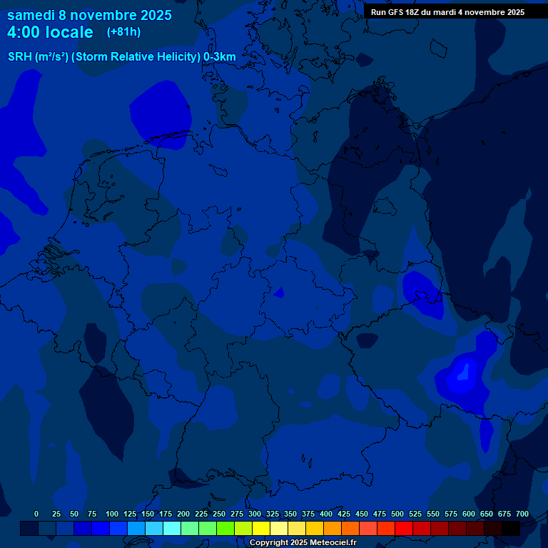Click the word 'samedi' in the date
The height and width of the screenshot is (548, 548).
click(x=31, y=15)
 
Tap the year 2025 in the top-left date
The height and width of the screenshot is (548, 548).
click(x=151, y=15)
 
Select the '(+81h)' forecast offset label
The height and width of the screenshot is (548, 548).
click(x=123, y=32)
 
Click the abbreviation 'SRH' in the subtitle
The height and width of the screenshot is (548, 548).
click(x=20, y=57)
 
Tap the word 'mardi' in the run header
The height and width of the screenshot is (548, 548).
click(x=446, y=12)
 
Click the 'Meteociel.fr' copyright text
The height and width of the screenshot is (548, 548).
click(x=328, y=543)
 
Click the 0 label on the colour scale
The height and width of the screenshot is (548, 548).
click(x=36, y=514)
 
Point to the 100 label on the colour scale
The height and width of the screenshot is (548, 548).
click(x=111, y=514)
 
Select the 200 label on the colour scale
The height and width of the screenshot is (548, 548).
click(x=183, y=514)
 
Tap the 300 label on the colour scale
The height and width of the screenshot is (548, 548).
click(x=254, y=514)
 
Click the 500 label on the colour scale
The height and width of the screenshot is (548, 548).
click(x=397, y=514)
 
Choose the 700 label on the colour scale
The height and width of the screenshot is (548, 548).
click(x=522, y=514)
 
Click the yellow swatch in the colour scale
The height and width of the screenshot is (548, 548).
click(x=261, y=528)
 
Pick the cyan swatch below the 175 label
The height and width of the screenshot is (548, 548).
click(x=172, y=528)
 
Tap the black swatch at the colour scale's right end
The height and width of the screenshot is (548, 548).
click(x=511, y=528)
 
